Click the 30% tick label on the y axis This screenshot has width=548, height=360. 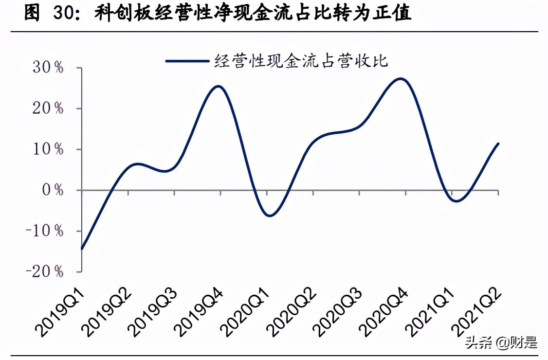point(49,68)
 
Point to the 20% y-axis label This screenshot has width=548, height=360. point(49,108)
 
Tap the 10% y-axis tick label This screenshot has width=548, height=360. point(49,149)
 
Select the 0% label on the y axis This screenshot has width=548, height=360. point(53,190)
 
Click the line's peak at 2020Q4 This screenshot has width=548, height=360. point(400,78)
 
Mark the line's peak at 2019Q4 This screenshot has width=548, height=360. point(219,87)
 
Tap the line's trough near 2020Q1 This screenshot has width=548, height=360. point(269,216)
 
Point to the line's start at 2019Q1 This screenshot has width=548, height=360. point(82,249)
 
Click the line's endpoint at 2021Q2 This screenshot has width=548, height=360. point(498,144)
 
